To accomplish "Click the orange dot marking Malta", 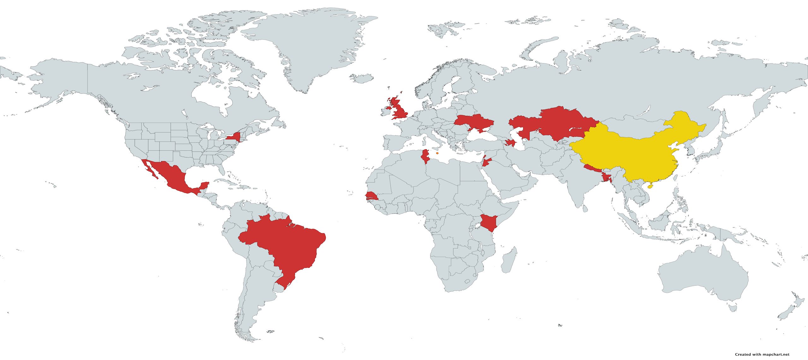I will [x=437, y=153].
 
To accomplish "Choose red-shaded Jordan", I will [x=486, y=163].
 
